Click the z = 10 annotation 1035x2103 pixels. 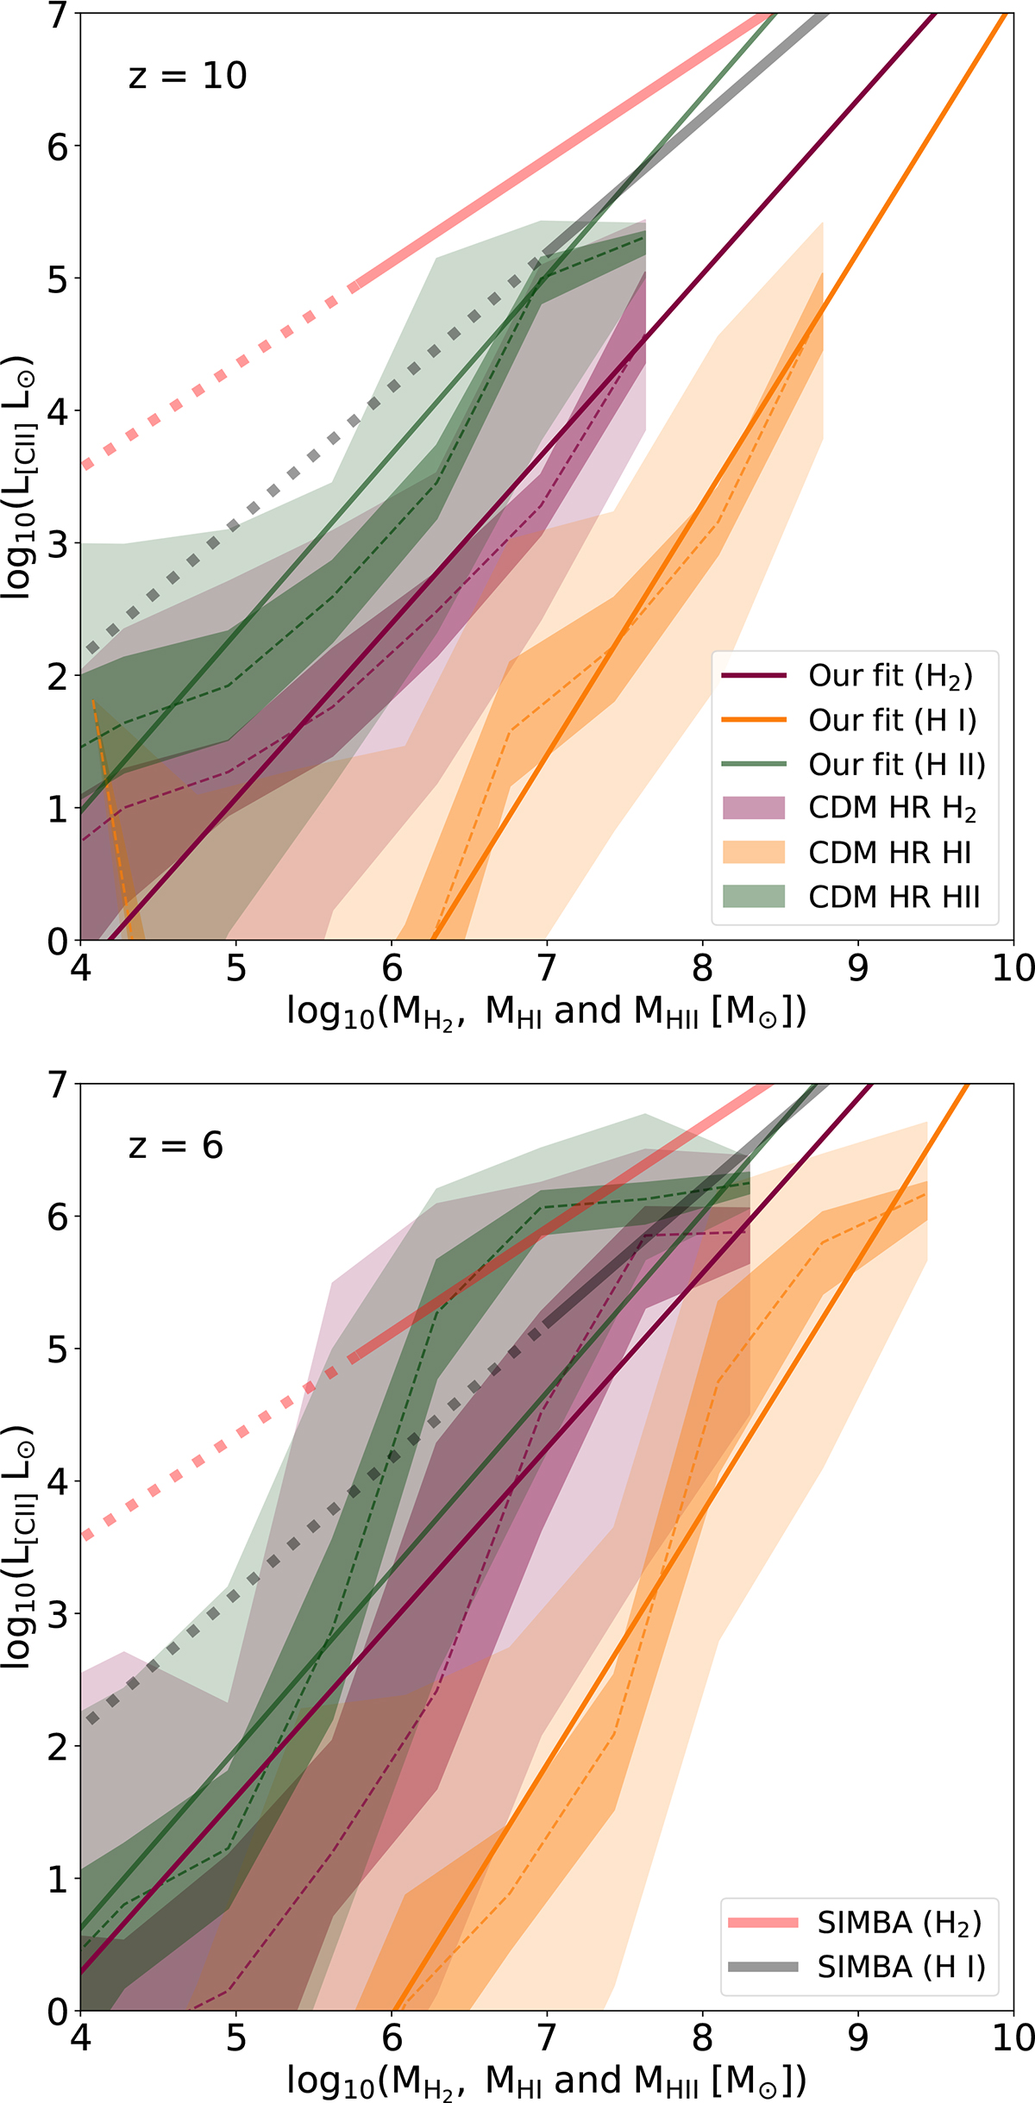tap(188, 76)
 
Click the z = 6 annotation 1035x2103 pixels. tap(176, 1146)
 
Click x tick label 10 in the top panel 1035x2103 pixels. tap(1013, 969)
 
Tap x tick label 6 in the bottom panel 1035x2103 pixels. tap(392, 2039)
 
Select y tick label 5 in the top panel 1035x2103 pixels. tap(57, 279)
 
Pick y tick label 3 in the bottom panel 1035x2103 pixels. tap(57, 1614)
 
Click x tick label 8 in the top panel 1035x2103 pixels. tap(702, 969)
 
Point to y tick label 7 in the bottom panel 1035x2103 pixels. tap(57, 1085)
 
